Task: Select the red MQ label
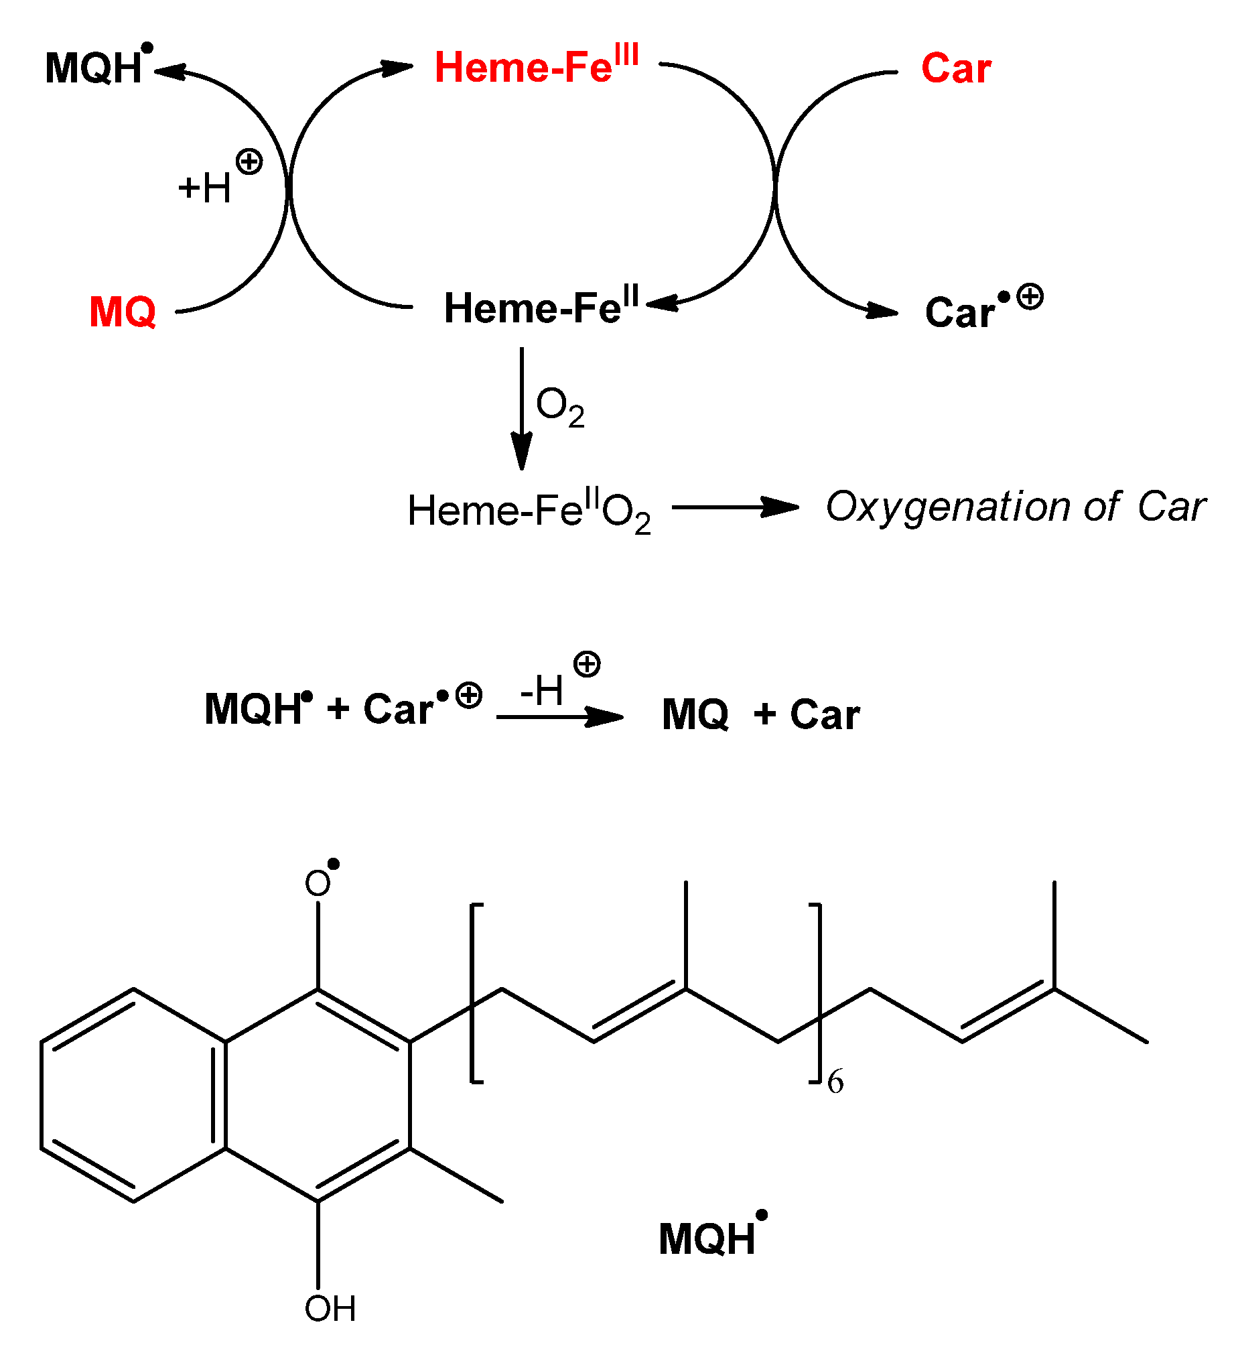pos(123,312)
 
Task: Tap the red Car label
pos(956,68)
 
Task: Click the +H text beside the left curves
pos(205,188)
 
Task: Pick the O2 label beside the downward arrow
pos(560,406)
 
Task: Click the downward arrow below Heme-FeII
pos(522,409)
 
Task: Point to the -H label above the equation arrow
pos(542,690)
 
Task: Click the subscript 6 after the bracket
pos(835,1082)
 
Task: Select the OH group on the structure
pos(330,1308)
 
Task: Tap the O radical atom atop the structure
pos(318,883)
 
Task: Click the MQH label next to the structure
pos(708,1238)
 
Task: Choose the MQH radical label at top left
pos(94,68)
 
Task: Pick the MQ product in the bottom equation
pos(695,714)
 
